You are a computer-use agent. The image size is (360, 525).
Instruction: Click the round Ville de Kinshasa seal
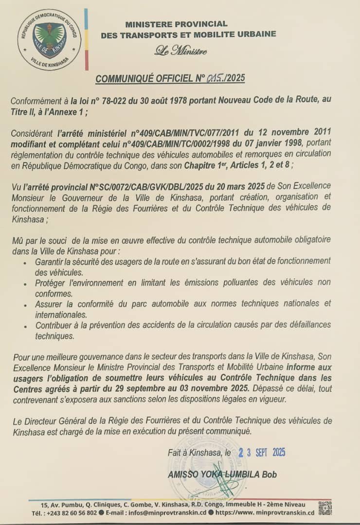coord(49,40)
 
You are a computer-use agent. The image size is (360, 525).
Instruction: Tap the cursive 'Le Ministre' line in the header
coord(180,50)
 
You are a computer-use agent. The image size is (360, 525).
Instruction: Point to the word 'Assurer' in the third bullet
coord(49,303)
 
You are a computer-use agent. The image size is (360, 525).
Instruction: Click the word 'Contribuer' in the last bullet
coord(55,325)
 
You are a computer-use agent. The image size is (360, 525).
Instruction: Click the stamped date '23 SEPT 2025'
coord(261,452)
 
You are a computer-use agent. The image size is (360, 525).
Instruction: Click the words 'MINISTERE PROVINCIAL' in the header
coord(176,24)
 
